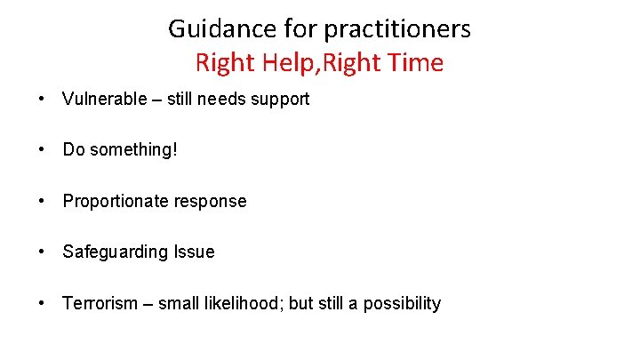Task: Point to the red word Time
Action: click(x=414, y=63)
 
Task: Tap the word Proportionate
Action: click(x=118, y=201)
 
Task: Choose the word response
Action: click(x=212, y=201)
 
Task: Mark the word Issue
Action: click(x=194, y=252)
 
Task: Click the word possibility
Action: click(x=401, y=303)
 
